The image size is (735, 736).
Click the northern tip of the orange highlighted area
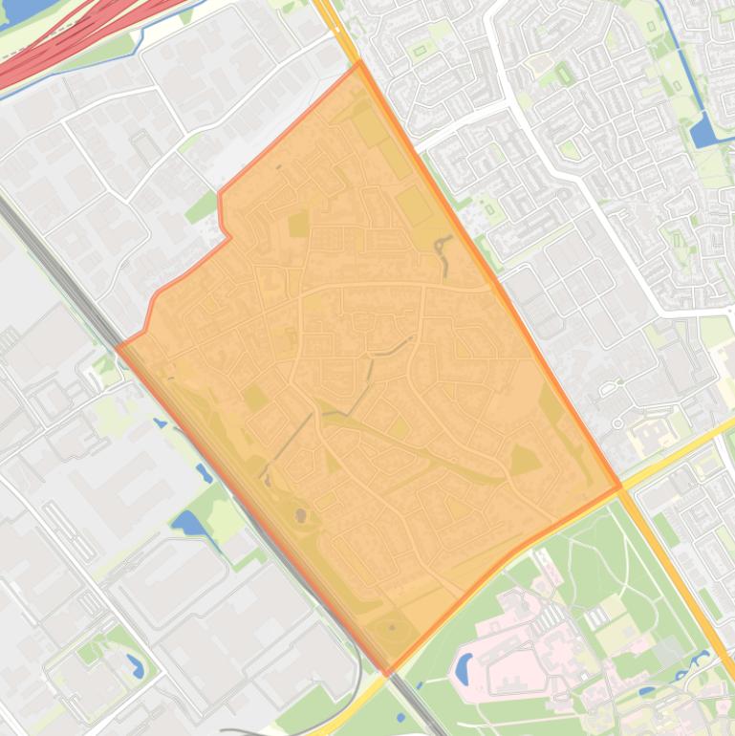click(x=359, y=63)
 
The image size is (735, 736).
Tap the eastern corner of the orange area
click(x=620, y=487)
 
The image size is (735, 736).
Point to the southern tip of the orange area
click(x=387, y=675)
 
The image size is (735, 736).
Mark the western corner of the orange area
click(x=119, y=346)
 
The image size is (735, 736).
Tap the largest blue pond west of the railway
click(x=188, y=524)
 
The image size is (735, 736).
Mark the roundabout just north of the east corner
click(x=617, y=422)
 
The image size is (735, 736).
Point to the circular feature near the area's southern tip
click(x=392, y=629)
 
